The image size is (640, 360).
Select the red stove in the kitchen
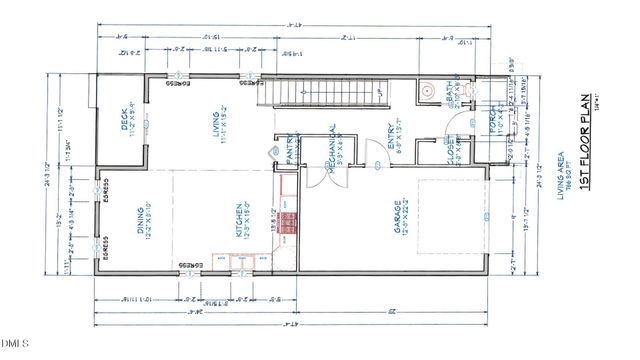[x=288, y=224]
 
